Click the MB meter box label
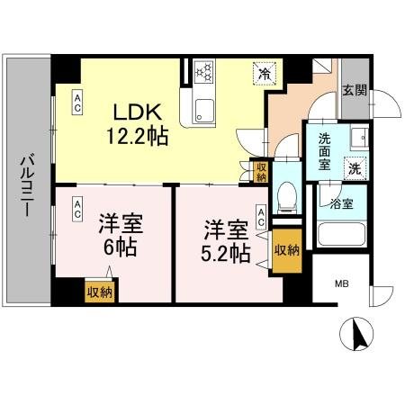tap(342, 284)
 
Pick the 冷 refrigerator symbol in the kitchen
tap(264, 73)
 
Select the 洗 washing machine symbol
tap(355, 167)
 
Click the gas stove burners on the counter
tap(202, 71)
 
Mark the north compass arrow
tap(359, 336)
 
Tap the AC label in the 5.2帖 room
tap(261, 216)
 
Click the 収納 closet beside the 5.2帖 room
tap(286, 250)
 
